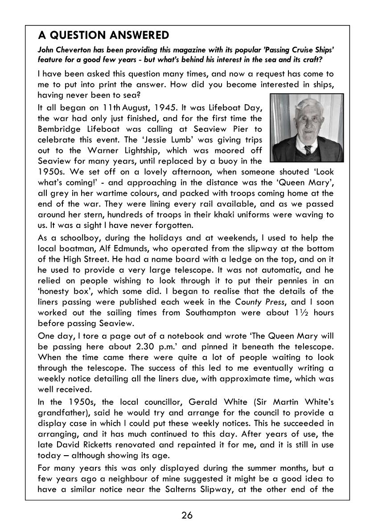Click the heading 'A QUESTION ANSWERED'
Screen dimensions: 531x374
click(103, 35)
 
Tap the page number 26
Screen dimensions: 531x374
click(187, 515)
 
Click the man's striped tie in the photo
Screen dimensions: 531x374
click(308, 150)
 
